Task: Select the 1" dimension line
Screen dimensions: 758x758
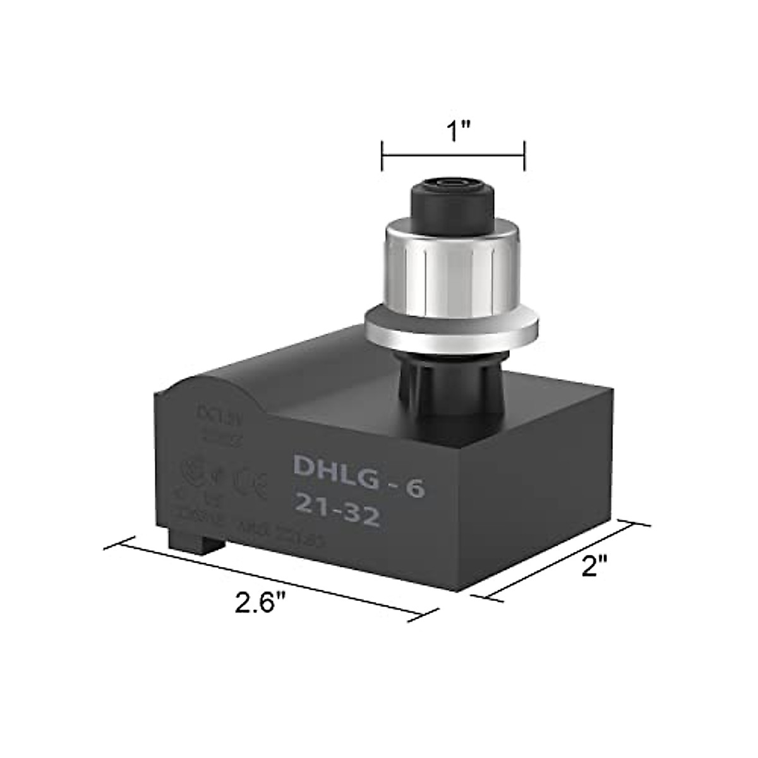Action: (453, 154)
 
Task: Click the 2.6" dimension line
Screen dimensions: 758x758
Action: (272, 574)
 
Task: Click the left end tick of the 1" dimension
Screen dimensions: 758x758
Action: (383, 155)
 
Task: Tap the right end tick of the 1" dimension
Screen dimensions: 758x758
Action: (524, 155)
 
